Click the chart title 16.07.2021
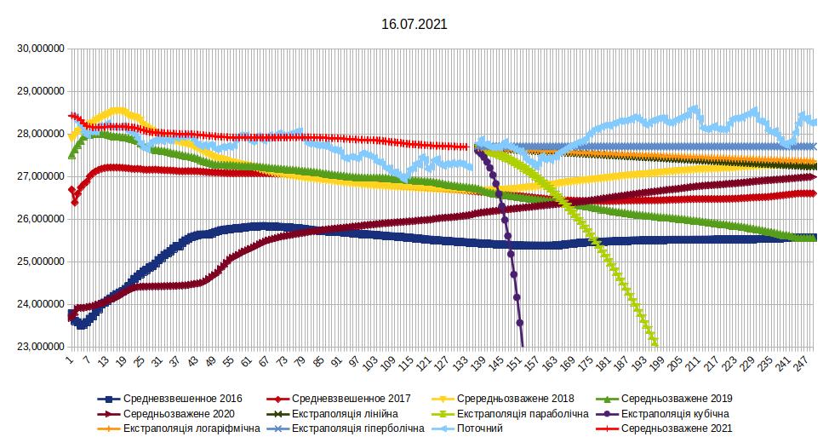click(414, 25)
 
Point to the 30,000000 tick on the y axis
click(38, 49)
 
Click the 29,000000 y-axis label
click(38, 91)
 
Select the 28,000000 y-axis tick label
click(38, 134)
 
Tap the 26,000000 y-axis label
click(38, 219)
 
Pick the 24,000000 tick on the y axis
click(38, 304)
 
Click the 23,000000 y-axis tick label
click(38, 347)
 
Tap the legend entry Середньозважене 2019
click(677, 398)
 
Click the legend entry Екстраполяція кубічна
click(675, 413)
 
